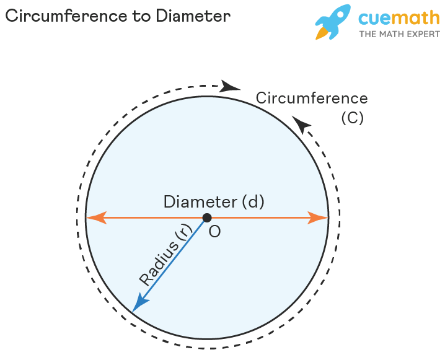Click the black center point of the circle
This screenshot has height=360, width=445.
pos(207,217)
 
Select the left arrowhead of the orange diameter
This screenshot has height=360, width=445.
pos(95,217)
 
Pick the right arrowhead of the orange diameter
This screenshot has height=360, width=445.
pos(319,217)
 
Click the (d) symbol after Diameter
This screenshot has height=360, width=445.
pos(253,202)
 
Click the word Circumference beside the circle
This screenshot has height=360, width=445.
pos(312,99)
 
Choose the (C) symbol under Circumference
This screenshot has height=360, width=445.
pos(352,118)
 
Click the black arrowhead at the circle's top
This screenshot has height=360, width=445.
pos(231,86)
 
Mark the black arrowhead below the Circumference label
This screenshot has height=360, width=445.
pos(301,125)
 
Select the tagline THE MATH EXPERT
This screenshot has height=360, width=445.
pos(399,33)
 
